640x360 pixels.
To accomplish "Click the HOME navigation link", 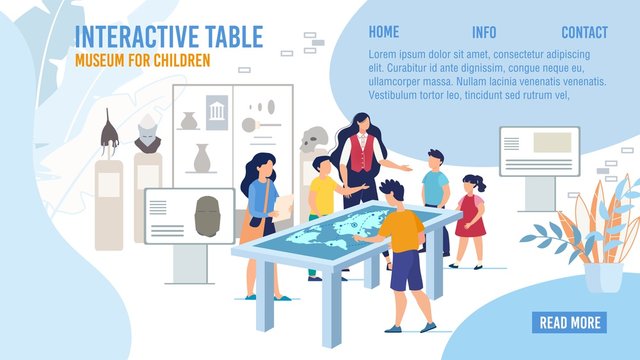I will point(383,32).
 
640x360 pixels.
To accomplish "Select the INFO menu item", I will point(484,32).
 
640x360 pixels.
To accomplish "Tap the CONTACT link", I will point(585,32).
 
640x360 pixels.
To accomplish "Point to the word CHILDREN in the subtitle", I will point(179,60).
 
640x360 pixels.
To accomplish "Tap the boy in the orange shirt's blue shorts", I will point(406,270).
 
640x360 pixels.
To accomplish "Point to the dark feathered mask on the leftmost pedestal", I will point(110,132).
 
